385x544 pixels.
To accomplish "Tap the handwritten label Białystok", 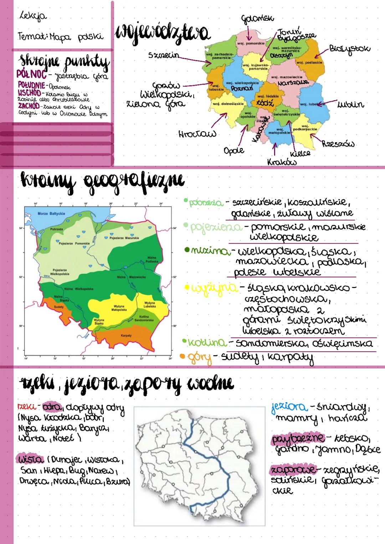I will click(349, 48).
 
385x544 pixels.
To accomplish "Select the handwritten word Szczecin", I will click(164, 56).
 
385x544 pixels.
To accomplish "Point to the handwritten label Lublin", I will click(350, 104).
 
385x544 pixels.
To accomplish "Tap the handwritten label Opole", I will click(234, 150).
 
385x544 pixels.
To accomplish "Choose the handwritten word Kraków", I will click(282, 162).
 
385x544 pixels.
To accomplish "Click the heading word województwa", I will click(162, 34).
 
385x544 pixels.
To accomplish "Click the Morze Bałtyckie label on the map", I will click(51, 214).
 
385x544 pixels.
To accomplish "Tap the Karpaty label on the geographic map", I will click(126, 335).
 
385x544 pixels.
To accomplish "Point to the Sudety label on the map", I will click(58, 307).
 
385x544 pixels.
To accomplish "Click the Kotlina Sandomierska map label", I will click(144, 318).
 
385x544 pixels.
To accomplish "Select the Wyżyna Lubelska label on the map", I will click(150, 305).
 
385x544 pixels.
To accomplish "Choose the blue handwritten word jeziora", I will click(289, 406).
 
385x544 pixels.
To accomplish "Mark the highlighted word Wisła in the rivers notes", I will click(32, 459).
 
